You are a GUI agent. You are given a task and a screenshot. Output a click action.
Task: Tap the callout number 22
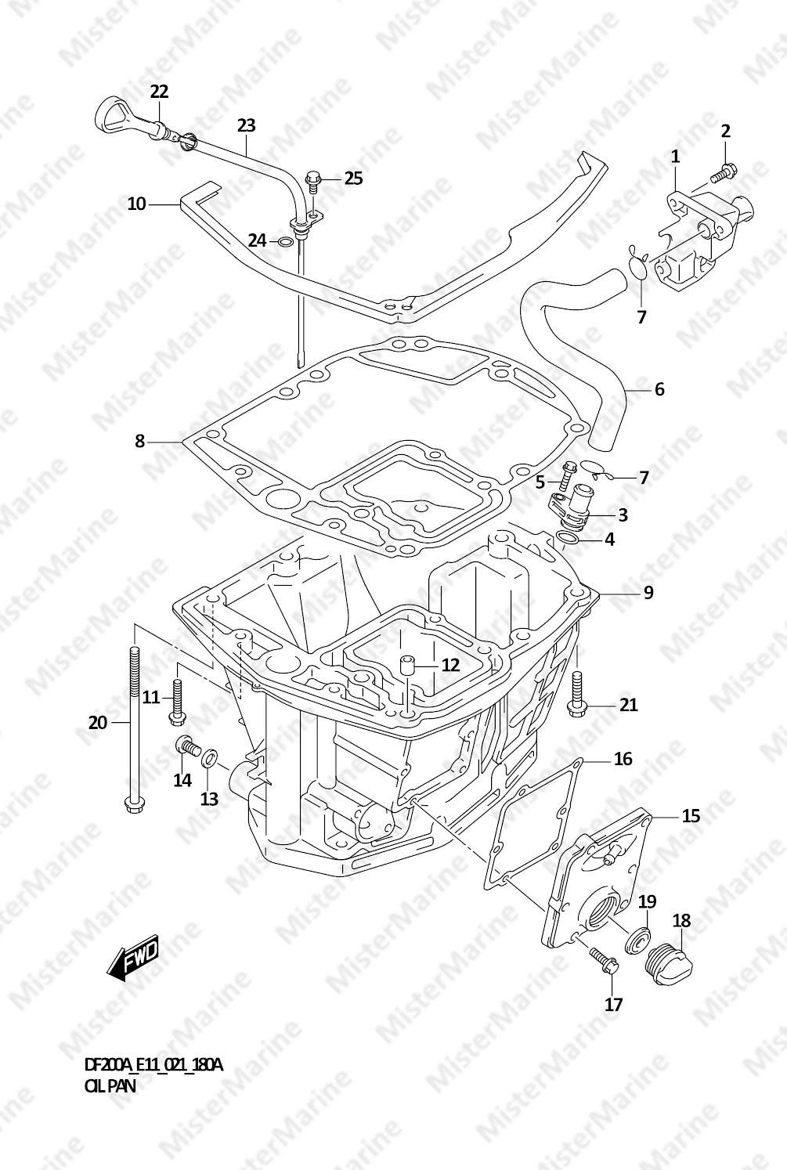coord(159,92)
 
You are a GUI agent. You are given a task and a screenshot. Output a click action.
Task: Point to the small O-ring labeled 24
coord(287,241)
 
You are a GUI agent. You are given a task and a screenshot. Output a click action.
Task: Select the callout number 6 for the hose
coord(659,388)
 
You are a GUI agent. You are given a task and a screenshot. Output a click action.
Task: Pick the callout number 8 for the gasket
coord(139,442)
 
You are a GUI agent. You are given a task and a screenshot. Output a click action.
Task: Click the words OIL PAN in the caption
coord(110,1088)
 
